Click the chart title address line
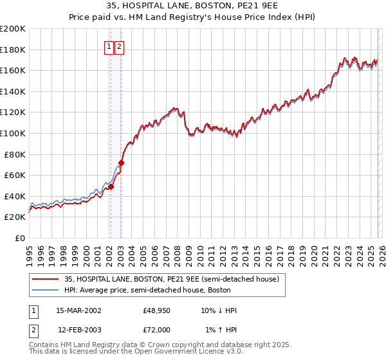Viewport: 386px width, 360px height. [x=193, y=7]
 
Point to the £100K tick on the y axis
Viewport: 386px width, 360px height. [x=13, y=133]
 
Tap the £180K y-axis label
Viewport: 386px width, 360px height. [x=13, y=50]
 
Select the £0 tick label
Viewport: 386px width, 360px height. [x=19, y=238]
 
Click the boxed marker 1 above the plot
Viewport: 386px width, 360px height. [x=109, y=46]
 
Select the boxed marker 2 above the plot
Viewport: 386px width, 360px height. [x=120, y=46]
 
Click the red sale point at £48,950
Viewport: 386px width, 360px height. [x=111, y=187]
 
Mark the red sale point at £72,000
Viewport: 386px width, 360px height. [x=121, y=163]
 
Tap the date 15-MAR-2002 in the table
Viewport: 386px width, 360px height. [x=78, y=310]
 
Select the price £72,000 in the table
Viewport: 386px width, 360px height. [x=156, y=329]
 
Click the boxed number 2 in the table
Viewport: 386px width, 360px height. [x=33, y=329]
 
